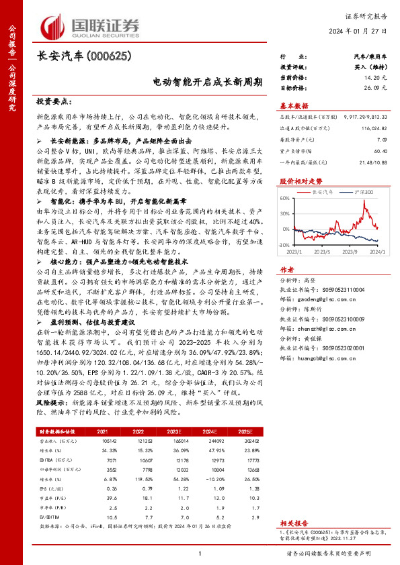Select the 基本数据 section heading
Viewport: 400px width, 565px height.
pyautogui.click(x=293, y=106)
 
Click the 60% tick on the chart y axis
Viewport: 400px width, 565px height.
pyautogui.click(x=286, y=199)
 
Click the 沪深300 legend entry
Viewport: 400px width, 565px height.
pyautogui.click(x=364, y=192)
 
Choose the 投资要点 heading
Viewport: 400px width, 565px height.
pyautogui.click(x=54, y=102)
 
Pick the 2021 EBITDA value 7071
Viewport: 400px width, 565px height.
pyautogui.click(x=103, y=460)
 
